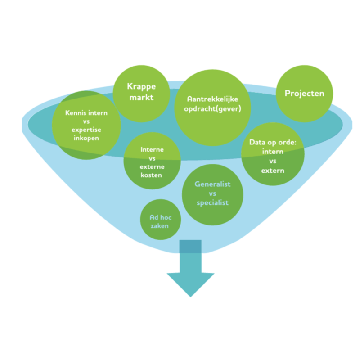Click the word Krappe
pyautogui.click(x=141, y=87)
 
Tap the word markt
pyautogui.click(x=141, y=97)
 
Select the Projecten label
pyautogui.click(x=305, y=94)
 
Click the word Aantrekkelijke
pyautogui.click(x=212, y=99)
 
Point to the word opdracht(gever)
pyautogui.click(x=212, y=109)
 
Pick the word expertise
pyautogui.click(x=86, y=130)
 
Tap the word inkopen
pyautogui.click(x=86, y=138)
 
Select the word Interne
pyautogui.click(x=152, y=150)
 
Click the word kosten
pyautogui.click(x=151, y=175)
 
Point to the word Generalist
pyautogui.click(x=212, y=184)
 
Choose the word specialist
pyautogui.click(x=212, y=203)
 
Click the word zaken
pyautogui.click(x=160, y=226)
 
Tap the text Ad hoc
pyautogui.click(x=161, y=217)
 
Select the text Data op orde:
pyautogui.click(x=273, y=143)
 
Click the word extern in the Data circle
pyautogui.click(x=273, y=171)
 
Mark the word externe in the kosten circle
pyautogui.click(x=152, y=166)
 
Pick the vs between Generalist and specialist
pyautogui.click(x=212, y=194)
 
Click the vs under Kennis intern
pyautogui.click(x=86, y=121)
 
